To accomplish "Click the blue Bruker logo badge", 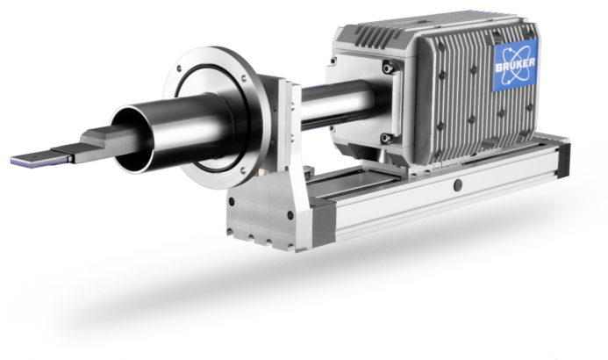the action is click(x=516, y=65).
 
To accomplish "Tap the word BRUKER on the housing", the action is click(x=515, y=65).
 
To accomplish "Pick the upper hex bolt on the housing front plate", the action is click(x=388, y=68).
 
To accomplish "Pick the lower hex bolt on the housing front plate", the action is click(x=385, y=138).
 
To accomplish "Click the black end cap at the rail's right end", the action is click(x=564, y=161).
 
